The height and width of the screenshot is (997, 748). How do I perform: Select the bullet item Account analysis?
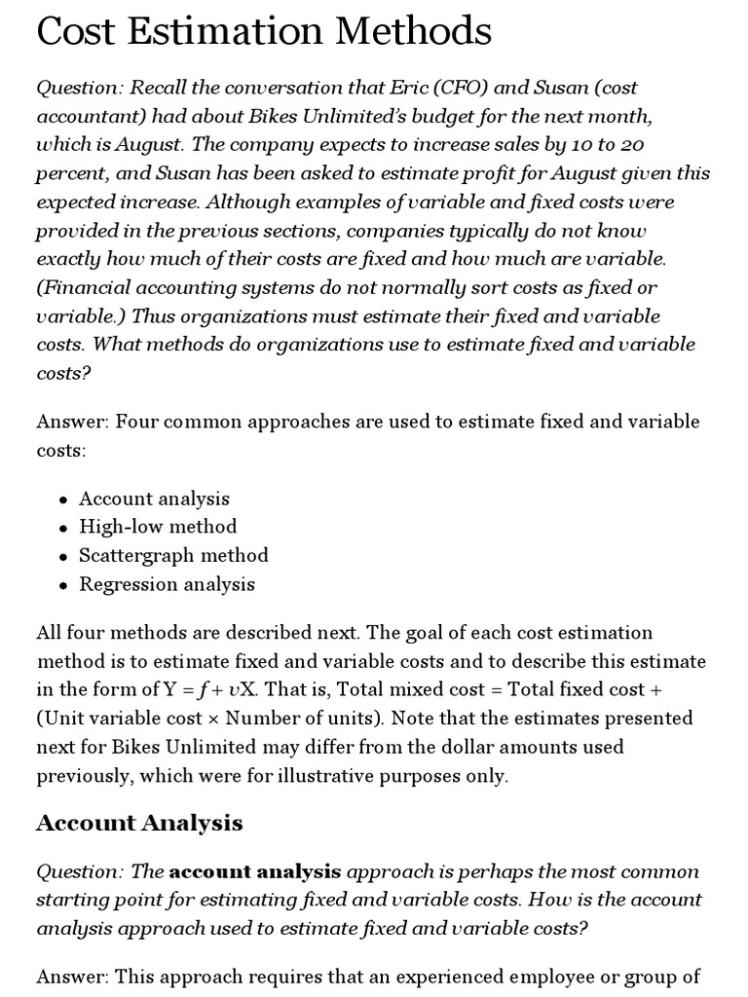point(154,498)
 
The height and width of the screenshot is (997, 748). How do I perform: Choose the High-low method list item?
point(158,527)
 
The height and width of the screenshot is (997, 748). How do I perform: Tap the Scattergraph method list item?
point(173,555)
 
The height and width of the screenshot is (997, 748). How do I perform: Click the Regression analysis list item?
point(167,584)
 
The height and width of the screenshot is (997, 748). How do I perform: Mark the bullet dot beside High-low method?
point(63,528)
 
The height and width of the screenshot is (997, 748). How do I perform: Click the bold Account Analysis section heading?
point(139,823)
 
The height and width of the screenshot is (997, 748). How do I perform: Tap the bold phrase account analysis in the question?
point(255,870)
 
